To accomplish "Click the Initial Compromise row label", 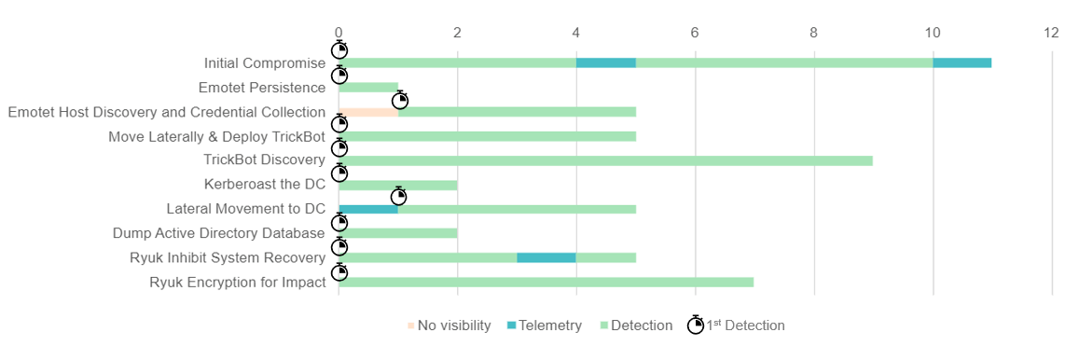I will click(265, 63).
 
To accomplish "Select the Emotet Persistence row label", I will click(262, 88).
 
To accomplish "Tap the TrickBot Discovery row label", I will click(264, 160).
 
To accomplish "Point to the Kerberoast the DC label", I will click(265, 185).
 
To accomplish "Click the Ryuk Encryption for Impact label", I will click(238, 282).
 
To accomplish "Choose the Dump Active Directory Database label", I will click(219, 233).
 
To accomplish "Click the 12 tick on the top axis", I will click(1051, 33).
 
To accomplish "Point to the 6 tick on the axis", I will click(695, 33).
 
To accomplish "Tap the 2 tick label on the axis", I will click(457, 33).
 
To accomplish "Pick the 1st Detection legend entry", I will click(736, 325).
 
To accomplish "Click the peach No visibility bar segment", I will click(368, 112).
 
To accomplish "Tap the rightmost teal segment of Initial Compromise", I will click(961, 63).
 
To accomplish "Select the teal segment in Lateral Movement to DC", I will click(368, 209).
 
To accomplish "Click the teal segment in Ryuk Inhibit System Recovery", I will click(546, 257).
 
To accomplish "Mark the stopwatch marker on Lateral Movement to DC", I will click(399, 196).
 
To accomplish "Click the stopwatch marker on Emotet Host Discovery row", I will click(400, 100).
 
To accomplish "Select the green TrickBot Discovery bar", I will click(605, 160).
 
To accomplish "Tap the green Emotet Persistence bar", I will click(368, 88).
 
